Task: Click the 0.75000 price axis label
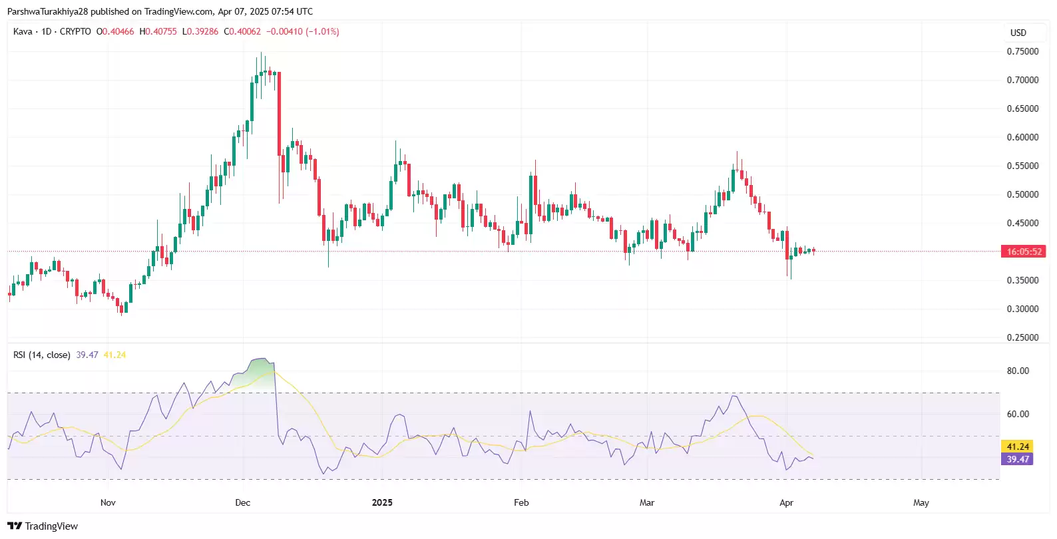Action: click(x=1022, y=51)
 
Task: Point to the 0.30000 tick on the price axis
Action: click(x=1022, y=309)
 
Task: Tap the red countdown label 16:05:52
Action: click(x=1024, y=252)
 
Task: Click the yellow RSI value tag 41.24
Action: click(x=1018, y=447)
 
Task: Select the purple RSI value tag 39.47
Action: click(x=1018, y=459)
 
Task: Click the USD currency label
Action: click(x=1018, y=33)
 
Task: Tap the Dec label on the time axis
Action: click(x=243, y=502)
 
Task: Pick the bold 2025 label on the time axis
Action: click(x=382, y=502)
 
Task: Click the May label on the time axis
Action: click(x=921, y=502)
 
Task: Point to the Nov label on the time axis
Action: click(x=108, y=502)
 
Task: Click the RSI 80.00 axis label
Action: click(x=1018, y=371)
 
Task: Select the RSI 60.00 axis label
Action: click(x=1018, y=414)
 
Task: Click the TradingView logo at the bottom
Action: click(x=43, y=526)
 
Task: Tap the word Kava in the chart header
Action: click(x=23, y=31)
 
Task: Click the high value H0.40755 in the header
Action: click(x=158, y=31)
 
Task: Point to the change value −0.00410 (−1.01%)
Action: click(x=303, y=31)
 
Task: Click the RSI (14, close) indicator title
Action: click(x=41, y=355)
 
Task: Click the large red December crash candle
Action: click(x=279, y=113)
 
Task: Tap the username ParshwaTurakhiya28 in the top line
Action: click(x=47, y=11)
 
